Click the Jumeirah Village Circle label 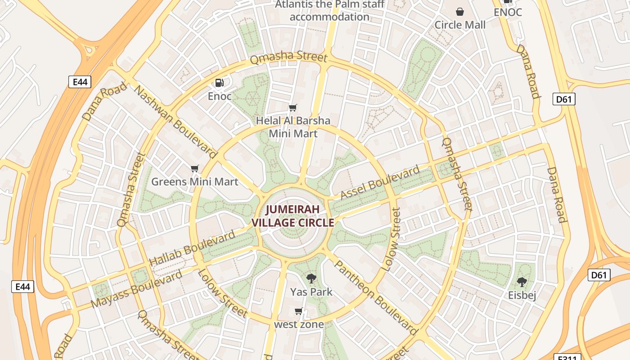pyautogui.click(x=293, y=216)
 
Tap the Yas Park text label pyautogui.click(x=311, y=292)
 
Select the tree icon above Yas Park pyautogui.click(x=311, y=278)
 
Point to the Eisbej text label pyautogui.click(x=522, y=296)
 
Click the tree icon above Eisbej pyautogui.click(x=522, y=283)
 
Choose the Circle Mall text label pyautogui.click(x=460, y=25)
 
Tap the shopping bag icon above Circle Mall pyautogui.click(x=460, y=12)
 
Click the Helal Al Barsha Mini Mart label pyautogui.click(x=293, y=127)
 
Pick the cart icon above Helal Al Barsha pyautogui.click(x=293, y=108)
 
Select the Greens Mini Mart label pyautogui.click(x=194, y=182)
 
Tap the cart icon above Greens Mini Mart pyautogui.click(x=194, y=169)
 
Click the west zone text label pyautogui.click(x=299, y=324)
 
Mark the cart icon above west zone pyautogui.click(x=298, y=311)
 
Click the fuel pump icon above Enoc pyautogui.click(x=220, y=83)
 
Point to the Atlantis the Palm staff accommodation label pyautogui.click(x=330, y=11)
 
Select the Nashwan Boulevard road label pyautogui.click(x=175, y=121)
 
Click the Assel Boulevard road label pyautogui.click(x=380, y=182)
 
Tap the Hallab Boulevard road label pyautogui.click(x=192, y=247)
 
